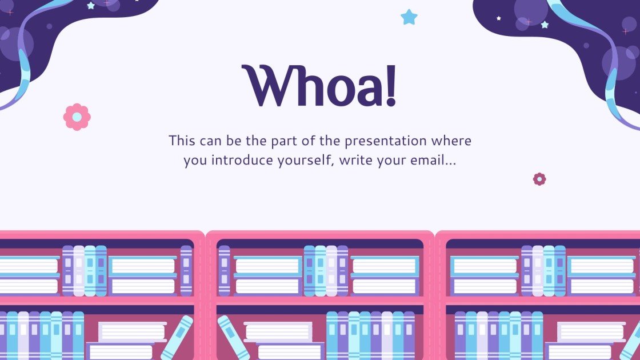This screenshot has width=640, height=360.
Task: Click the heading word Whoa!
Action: click(x=319, y=87)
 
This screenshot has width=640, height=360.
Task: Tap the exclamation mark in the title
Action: click(x=390, y=87)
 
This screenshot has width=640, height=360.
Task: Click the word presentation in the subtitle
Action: click(x=381, y=141)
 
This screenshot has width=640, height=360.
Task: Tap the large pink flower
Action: click(x=77, y=117)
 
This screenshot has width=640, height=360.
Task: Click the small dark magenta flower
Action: click(x=539, y=179)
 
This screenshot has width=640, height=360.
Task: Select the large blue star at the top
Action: click(x=409, y=17)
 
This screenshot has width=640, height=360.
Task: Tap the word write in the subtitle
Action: click(x=354, y=161)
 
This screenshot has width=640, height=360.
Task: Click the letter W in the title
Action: click(x=264, y=87)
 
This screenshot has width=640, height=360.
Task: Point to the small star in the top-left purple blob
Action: click(x=90, y=6)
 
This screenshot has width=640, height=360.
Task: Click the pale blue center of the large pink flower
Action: click(x=77, y=117)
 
